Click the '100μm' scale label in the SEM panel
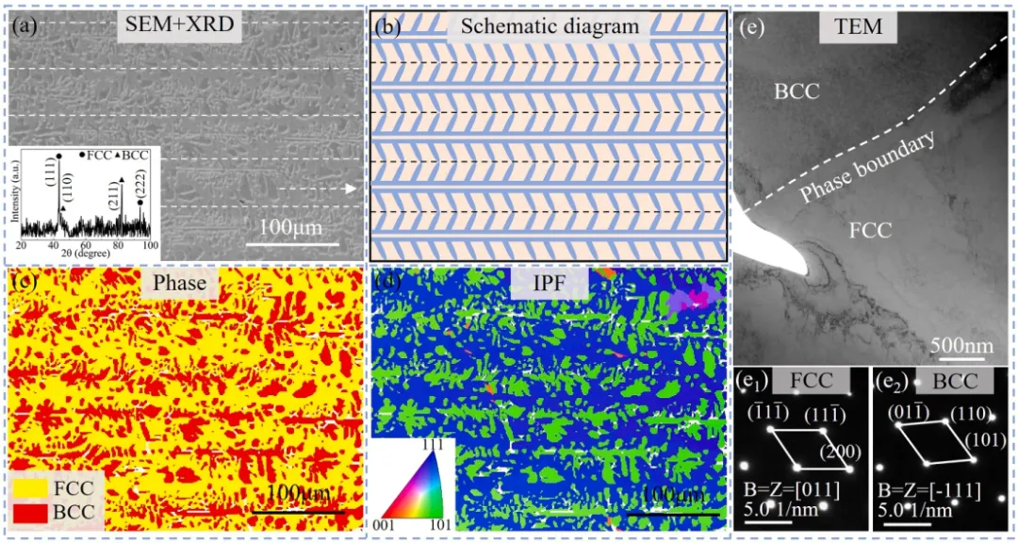click(294, 229)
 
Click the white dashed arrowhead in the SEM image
click(351, 189)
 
